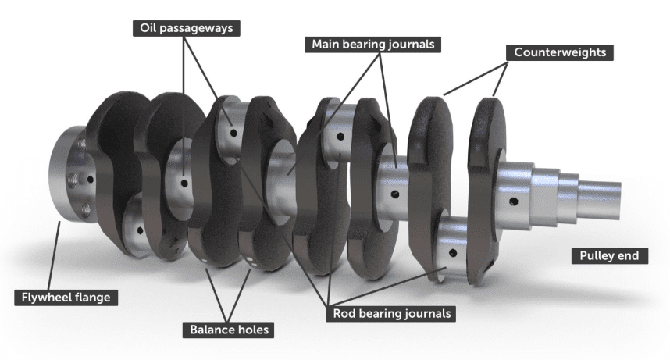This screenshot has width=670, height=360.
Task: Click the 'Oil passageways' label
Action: [x=185, y=28]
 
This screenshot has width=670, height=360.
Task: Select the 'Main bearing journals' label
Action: [x=372, y=44]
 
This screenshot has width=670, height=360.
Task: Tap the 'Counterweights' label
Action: [x=560, y=52]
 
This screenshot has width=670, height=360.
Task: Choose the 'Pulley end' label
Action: [x=608, y=255]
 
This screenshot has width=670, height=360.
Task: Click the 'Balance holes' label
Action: [x=229, y=330]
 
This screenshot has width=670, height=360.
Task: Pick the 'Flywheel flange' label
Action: [x=66, y=298]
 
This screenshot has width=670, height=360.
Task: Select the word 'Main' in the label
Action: [x=326, y=44]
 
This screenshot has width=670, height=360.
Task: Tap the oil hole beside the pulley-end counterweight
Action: [x=512, y=203]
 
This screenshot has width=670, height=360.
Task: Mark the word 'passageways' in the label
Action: [x=200, y=28]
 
